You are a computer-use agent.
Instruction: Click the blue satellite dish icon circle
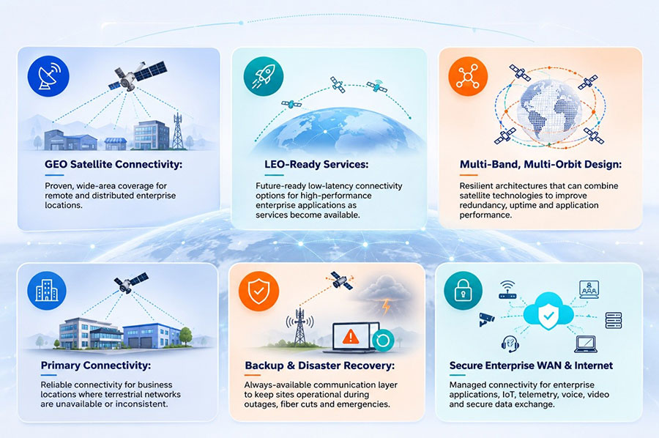tap(48, 76)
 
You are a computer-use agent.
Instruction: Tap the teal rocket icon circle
tap(264, 76)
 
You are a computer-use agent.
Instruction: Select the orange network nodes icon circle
tap(468, 76)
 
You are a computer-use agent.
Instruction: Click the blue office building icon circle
tap(47, 291)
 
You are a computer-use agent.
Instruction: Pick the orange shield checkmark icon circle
tap(258, 291)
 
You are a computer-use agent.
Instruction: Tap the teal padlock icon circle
tap(463, 291)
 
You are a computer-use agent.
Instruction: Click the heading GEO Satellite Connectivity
tap(113, 164)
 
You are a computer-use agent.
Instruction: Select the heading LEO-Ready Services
tap(316, 164)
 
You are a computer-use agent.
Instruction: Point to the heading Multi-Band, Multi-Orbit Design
tap(540, 164)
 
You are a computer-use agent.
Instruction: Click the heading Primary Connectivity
tap(96, 365)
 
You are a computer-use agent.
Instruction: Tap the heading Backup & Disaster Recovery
tap(320, 365)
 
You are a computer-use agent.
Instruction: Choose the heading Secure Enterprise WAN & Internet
tap(532, 365)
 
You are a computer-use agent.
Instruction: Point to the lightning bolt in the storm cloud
tap(386, 306)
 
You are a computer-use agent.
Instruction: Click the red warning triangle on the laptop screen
tap(351, 336)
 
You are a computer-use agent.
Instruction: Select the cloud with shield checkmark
tap(548, 313)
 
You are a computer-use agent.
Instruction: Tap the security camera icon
tap(487, 319)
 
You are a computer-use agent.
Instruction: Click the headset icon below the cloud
tap(510, 344)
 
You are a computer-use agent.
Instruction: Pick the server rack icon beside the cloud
tap(613, 320)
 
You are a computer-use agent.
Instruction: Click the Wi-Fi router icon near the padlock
tap(507, 290)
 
